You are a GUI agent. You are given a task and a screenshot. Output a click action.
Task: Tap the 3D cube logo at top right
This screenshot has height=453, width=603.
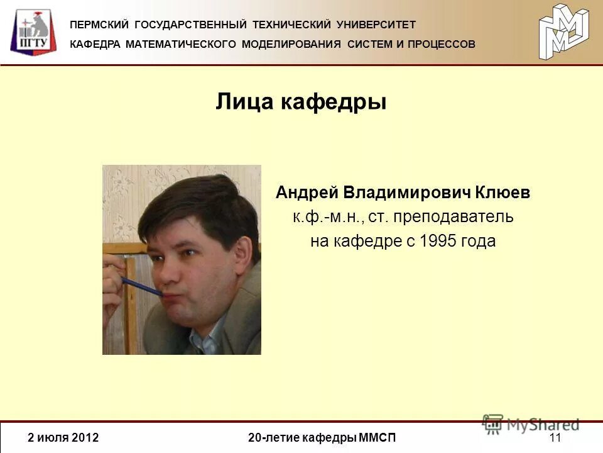point(563,31)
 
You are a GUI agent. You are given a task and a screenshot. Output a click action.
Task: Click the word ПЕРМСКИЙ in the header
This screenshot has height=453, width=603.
point(99,25)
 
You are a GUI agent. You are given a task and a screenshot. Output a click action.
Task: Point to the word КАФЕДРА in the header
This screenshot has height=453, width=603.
point(95,44)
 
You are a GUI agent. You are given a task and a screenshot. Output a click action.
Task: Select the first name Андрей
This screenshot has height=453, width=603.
point(307,193)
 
